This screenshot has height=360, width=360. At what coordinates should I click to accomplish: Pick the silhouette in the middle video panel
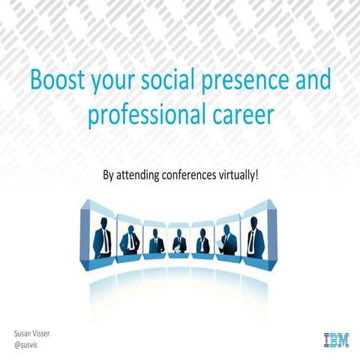[x=178, y=241]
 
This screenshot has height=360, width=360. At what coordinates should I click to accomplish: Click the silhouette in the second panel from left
[x=130, y=238]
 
